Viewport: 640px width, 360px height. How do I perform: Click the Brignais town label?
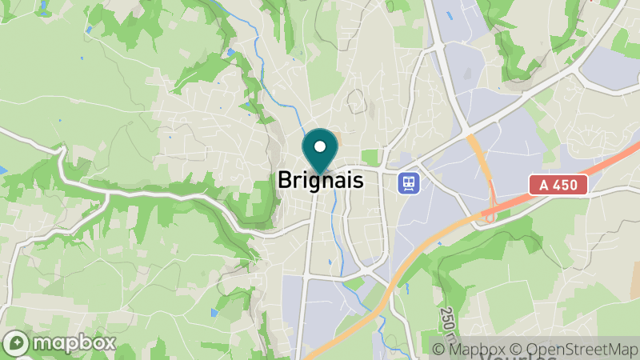pos(320,181)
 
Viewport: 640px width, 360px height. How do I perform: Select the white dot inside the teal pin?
pos(320,146)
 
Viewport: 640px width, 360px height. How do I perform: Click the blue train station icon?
pos(409,182)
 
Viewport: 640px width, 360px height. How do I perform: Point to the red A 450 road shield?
pos(558,186)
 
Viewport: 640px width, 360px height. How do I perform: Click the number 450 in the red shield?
pos(568,186)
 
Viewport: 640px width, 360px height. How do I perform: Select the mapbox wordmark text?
pos(72,343)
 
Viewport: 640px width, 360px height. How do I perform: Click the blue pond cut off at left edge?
pos(2,170)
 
